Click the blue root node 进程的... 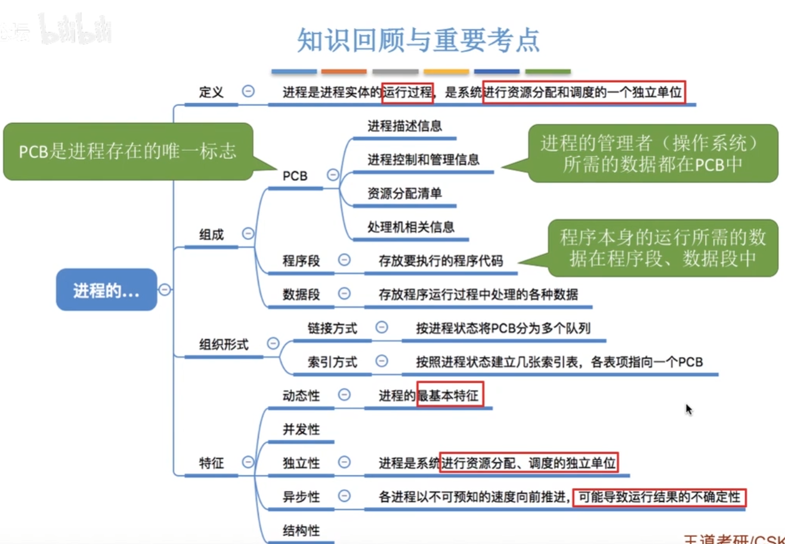pyautogui.click(x=106, y=290)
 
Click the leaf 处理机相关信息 pyautogui.click(x=411, y=227)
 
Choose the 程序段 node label pyautogui.click(x=301, y=260)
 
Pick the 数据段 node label pyautogui.click(x=301, y=294)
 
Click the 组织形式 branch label pyautogui.click(x=224, y=344)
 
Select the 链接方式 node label pyautogui.click(x=332, y=328)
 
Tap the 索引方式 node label pyautogui.click(x=332, y=361)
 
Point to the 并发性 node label pyautogui.click(x=301, y=429)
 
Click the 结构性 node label pyautogui.click(x=301, y=530)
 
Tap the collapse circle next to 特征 pyautogui.click(x=248, y=462)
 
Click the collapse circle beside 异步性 pyautogui.click(x=344, y=496)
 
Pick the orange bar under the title pyautogui.click(x=344, y=72)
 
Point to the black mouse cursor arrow pyautogui.click(x=688, y=409)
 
